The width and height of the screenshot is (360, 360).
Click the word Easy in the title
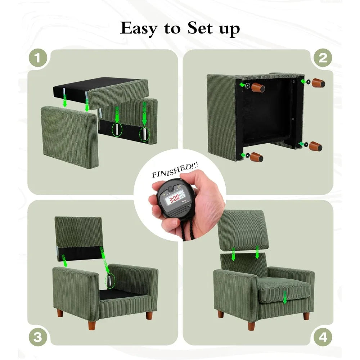(139, 29)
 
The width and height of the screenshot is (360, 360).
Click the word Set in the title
(200, 28)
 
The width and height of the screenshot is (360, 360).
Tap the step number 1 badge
(38, 58)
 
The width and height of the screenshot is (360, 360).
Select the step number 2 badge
(323, 58)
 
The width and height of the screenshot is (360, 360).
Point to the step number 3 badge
(38, 337)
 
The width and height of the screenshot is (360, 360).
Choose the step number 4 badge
(323, 337)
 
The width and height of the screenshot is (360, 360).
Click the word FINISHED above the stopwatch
(171, 171)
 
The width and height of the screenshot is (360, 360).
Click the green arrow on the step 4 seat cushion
(285, 297)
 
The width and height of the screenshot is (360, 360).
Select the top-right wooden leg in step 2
(318, 83)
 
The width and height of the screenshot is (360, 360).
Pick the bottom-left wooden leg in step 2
(257, 157)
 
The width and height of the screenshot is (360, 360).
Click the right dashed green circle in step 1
(145, 134)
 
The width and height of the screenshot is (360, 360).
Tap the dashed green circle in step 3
(111, 280)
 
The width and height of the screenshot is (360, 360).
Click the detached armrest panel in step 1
(69, 137)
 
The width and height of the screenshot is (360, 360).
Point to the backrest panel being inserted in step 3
(78, 239)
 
